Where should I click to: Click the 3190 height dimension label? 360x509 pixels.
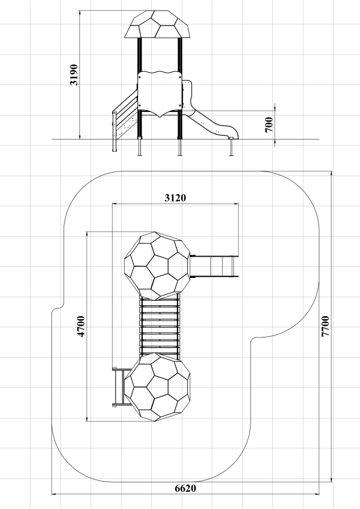(x=74, y=75)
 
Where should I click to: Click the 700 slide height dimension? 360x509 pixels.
(x=269, y=125)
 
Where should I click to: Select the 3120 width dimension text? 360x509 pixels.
(x=175, y=197)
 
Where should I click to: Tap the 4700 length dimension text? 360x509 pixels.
(x=81, y=326)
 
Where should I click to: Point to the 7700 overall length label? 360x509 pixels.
(x=325, y=326)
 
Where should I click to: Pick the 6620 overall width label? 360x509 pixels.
(x=185, y=488)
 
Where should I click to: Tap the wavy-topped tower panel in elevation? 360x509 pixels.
(x=159, y=94)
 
